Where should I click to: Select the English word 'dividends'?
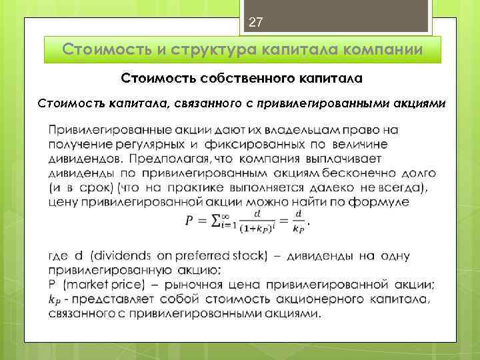(125, 256)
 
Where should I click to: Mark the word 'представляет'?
(113, 299)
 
